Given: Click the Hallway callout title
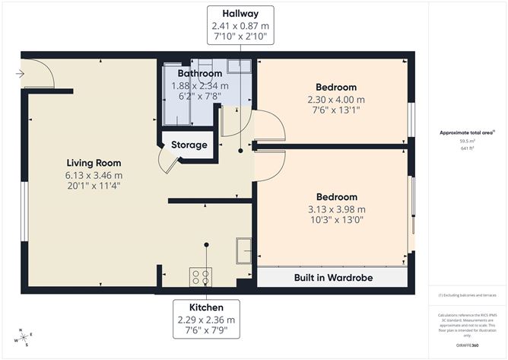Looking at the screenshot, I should click(240, 14).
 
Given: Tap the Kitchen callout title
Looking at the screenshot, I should click(205, 307).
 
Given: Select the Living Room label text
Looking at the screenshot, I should click(94, 163).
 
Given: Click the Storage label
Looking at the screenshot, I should click(189, 145).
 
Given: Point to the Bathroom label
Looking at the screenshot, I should click(199, 73).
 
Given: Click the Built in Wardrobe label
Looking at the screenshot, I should click(333, 278).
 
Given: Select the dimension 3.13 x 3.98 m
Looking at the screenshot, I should click(336, 209).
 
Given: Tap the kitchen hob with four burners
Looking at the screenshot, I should click(202, 276).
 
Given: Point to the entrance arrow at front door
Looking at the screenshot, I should click(19, 74).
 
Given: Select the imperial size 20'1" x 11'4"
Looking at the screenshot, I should click(94, 185).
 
